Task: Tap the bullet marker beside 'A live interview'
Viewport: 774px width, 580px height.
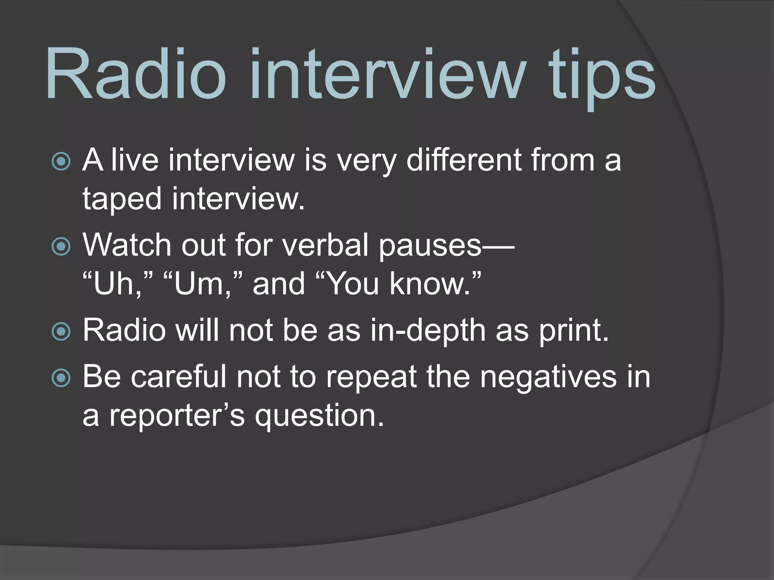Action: pos(61,161)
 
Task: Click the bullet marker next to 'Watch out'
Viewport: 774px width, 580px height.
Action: pos(61,247)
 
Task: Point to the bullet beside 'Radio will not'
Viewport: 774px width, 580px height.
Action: pos(61,332)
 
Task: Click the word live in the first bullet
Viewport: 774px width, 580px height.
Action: pos(135,160)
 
